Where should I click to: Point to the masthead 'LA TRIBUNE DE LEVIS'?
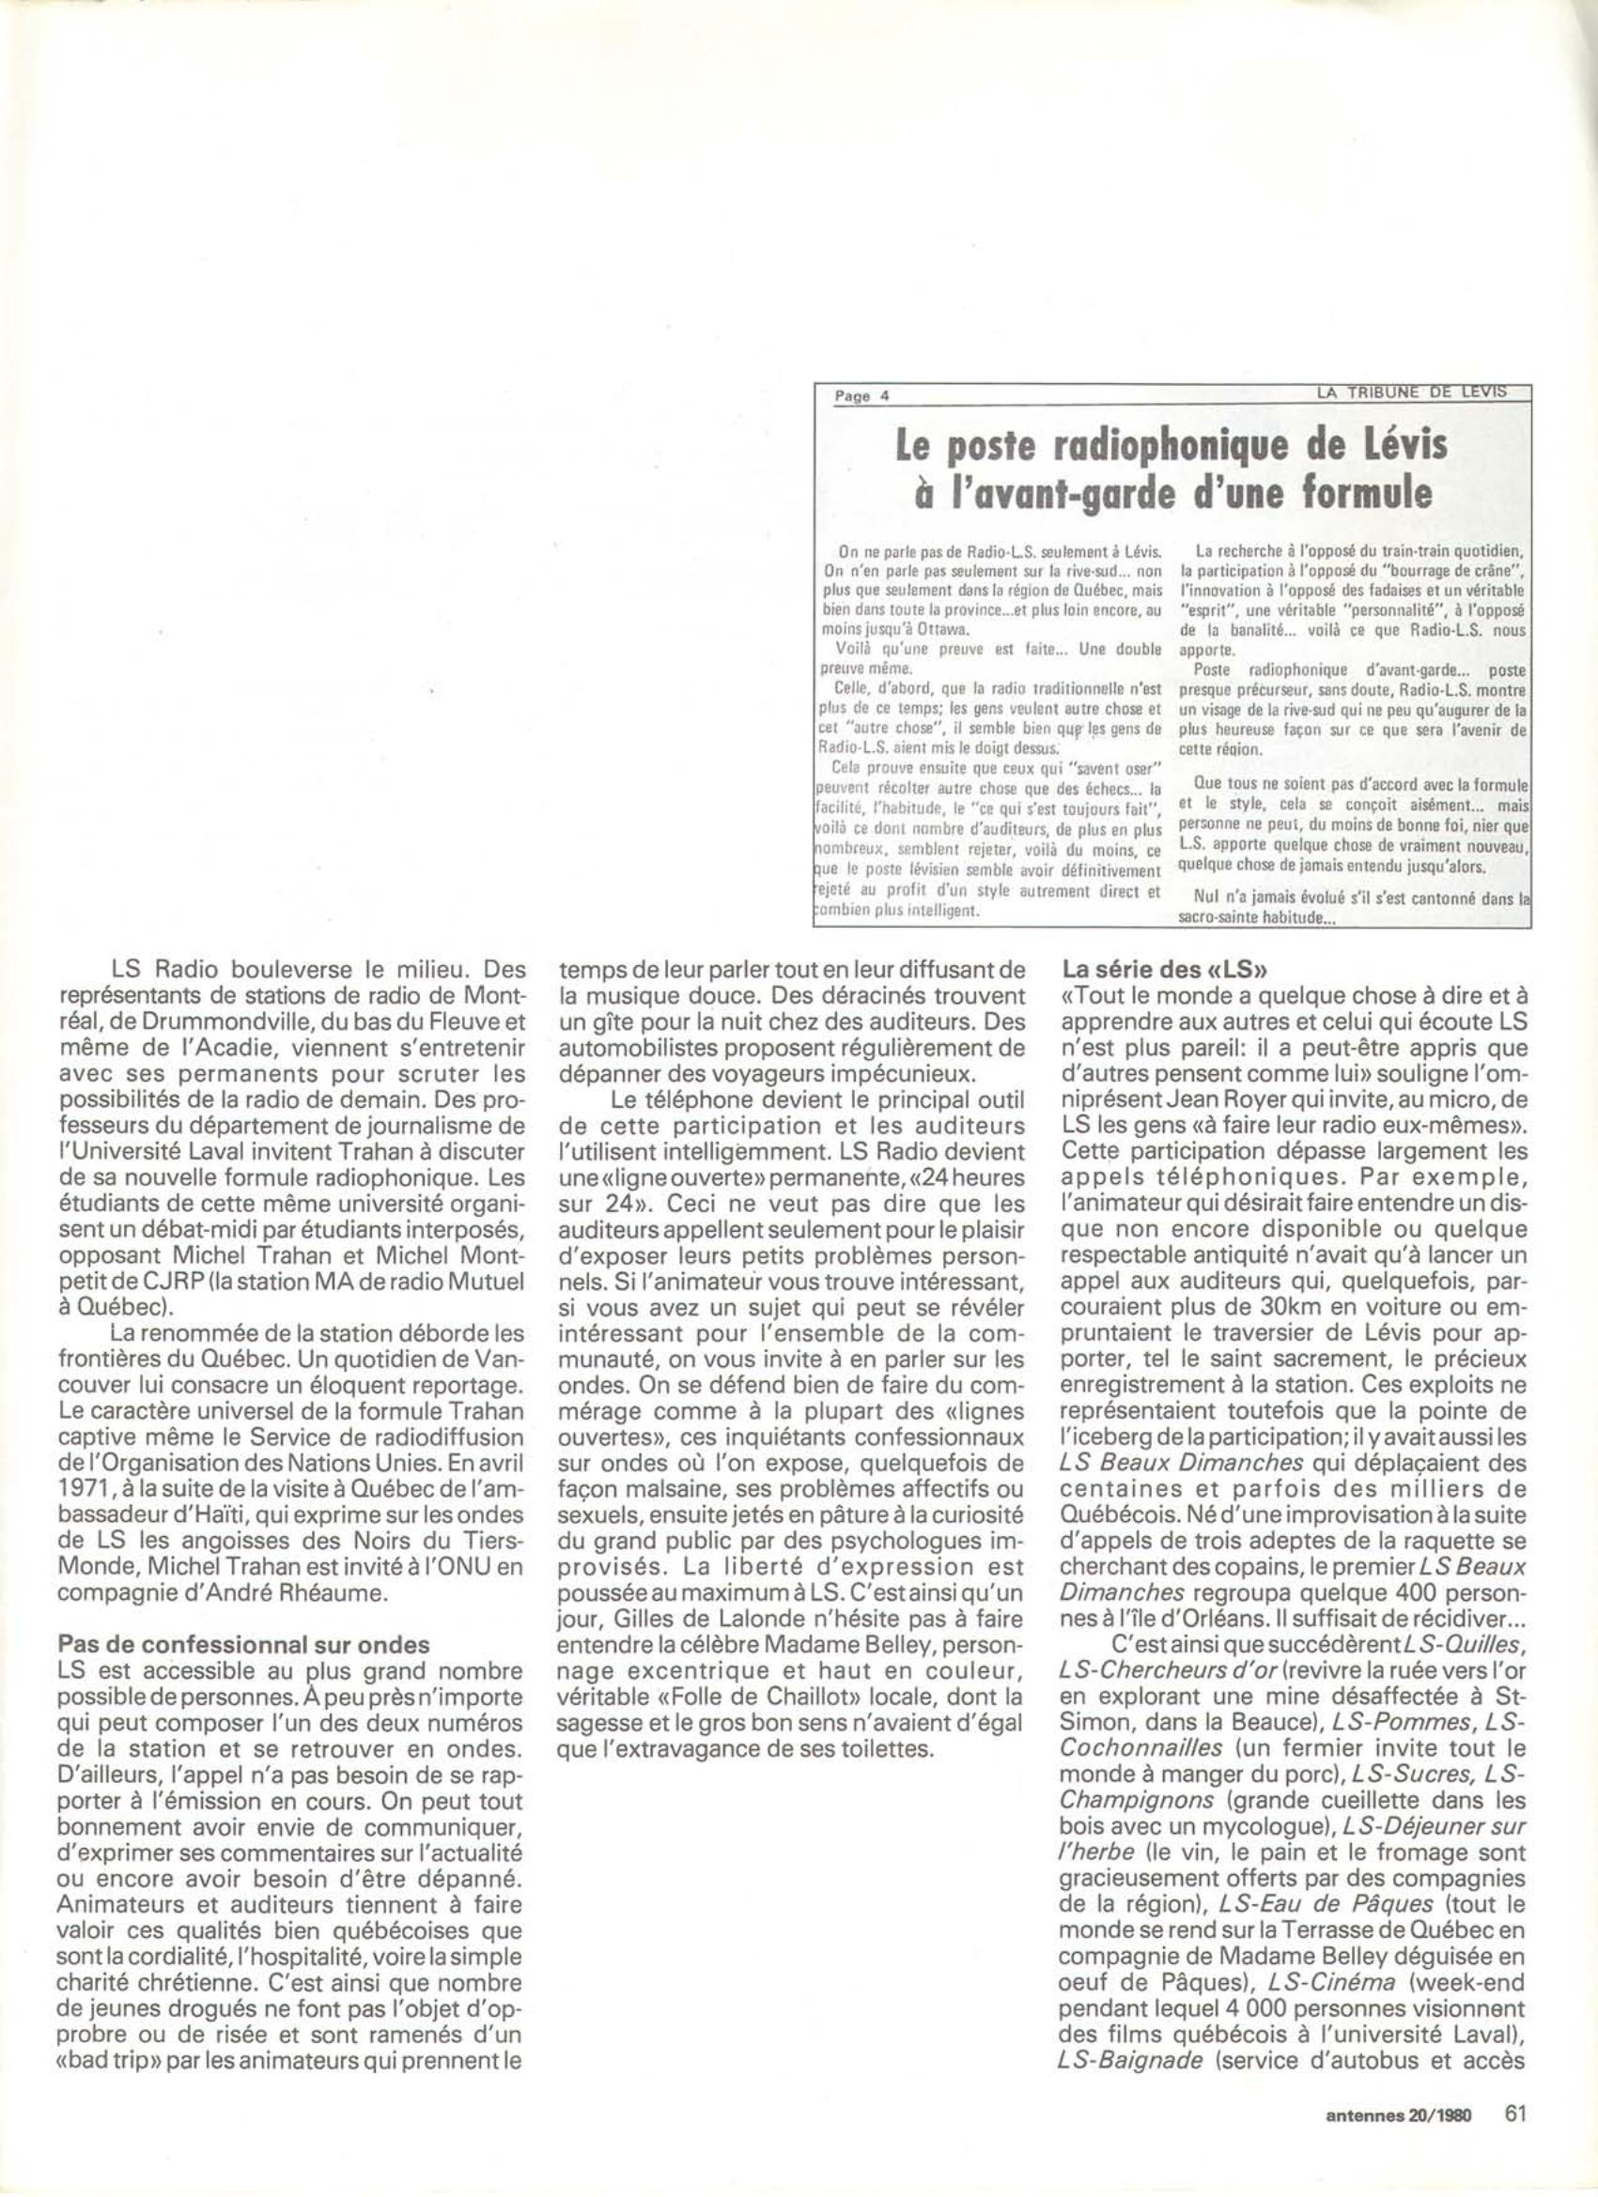[x=1411, y=391]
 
